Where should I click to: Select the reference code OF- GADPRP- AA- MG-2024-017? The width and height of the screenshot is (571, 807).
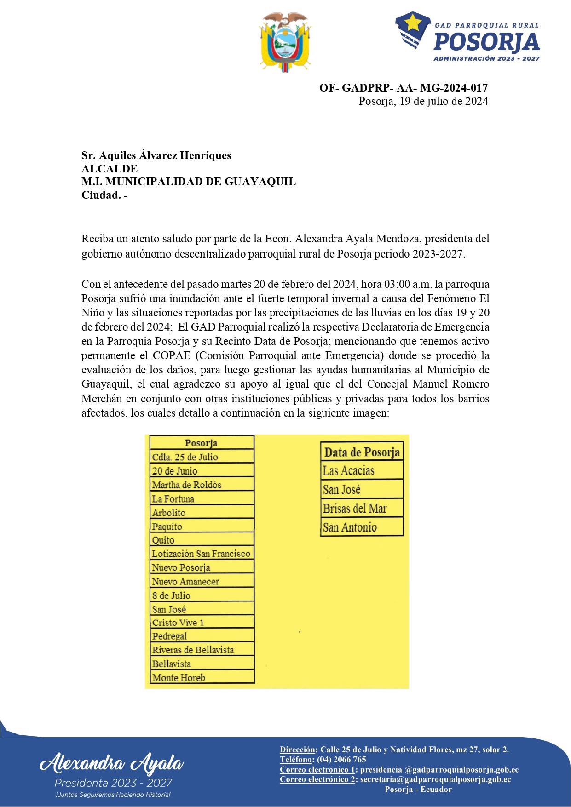[x=404, y=87]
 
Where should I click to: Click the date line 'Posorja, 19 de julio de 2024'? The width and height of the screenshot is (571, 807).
[x=423, y=101]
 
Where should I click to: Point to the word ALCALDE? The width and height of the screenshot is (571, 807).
[x=110, y=169]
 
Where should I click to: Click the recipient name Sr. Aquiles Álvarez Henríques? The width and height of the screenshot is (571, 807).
[x=156, y=155]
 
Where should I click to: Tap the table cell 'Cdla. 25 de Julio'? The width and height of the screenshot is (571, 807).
[x=202, y=457]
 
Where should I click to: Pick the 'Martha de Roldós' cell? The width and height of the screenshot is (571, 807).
[x=202, y=485]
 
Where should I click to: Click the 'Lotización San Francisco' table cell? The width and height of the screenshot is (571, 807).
[x=202, y=554]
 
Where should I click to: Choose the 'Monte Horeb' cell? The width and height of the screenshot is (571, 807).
[x=202, y=677]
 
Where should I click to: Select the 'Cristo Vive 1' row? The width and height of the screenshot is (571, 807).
[x=202, y=623]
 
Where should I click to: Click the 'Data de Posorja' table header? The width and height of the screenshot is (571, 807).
[x=362, y=452]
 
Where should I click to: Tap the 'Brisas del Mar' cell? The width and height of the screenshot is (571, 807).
[x=362, y=509]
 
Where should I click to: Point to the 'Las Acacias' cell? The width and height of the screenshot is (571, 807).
[x=362, y=470]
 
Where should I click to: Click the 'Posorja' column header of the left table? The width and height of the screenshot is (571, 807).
[x=201, y=443]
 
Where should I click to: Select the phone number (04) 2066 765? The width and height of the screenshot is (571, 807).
[x=341, y=760]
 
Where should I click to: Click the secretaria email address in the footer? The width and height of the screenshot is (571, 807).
[x=435, y=779]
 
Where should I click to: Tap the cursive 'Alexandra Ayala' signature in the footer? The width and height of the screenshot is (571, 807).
[x=112, y=763]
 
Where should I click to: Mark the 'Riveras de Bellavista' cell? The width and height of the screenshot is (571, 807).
[x=202, y=650]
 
